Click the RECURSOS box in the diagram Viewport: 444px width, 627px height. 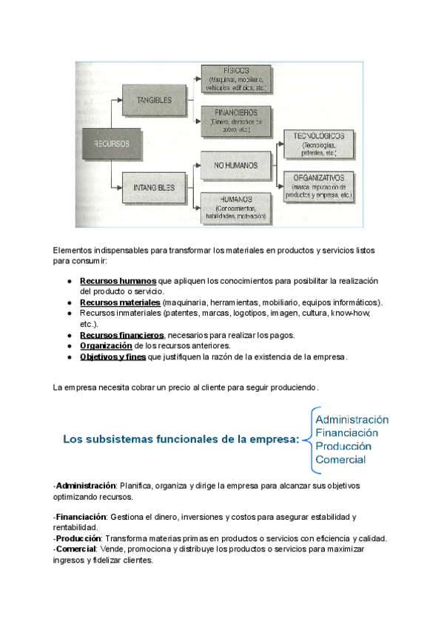pyautogui.click(x=112, y=144)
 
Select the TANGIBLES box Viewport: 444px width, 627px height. pyautogui.click(x=155, y=100)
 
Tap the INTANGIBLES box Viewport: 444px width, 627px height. pyautogui.click(x=155, y=188)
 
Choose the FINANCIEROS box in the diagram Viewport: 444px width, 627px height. pyautogui.click(x=238, y=119)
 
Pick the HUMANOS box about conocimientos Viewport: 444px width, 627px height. pyautogui.click(x=236, y=207)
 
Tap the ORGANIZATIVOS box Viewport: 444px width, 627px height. pyautogui.click(x=318, y=186)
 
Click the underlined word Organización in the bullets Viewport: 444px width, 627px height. pyautogui.click(x=106, y=345)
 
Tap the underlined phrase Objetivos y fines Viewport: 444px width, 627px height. pyautogui.click(x=112, y=356)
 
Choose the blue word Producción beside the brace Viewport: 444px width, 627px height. pyautogui.click(x=343, y=446)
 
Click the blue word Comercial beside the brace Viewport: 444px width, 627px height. pyautogui.click(x=340, y=460)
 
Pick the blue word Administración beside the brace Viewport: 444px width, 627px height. pyautogui.click(x=351, y=418)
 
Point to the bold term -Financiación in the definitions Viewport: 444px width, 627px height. pyautogui.click(x=79, y=517)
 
